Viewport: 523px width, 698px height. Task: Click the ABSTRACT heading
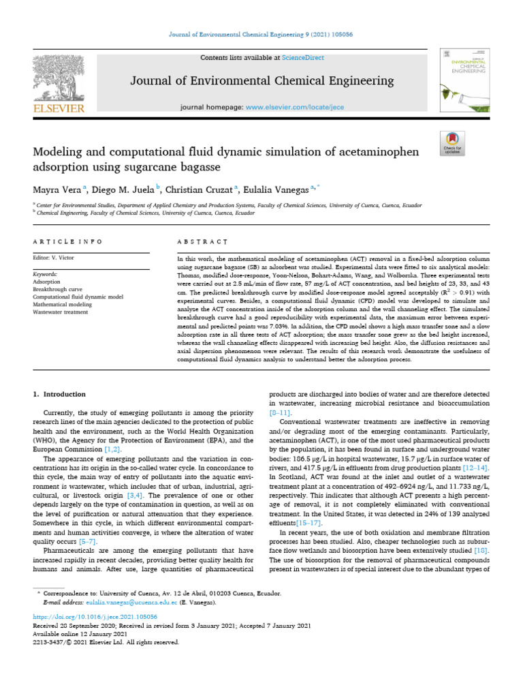(202, 241)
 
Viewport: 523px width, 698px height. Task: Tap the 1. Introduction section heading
(60, 394)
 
